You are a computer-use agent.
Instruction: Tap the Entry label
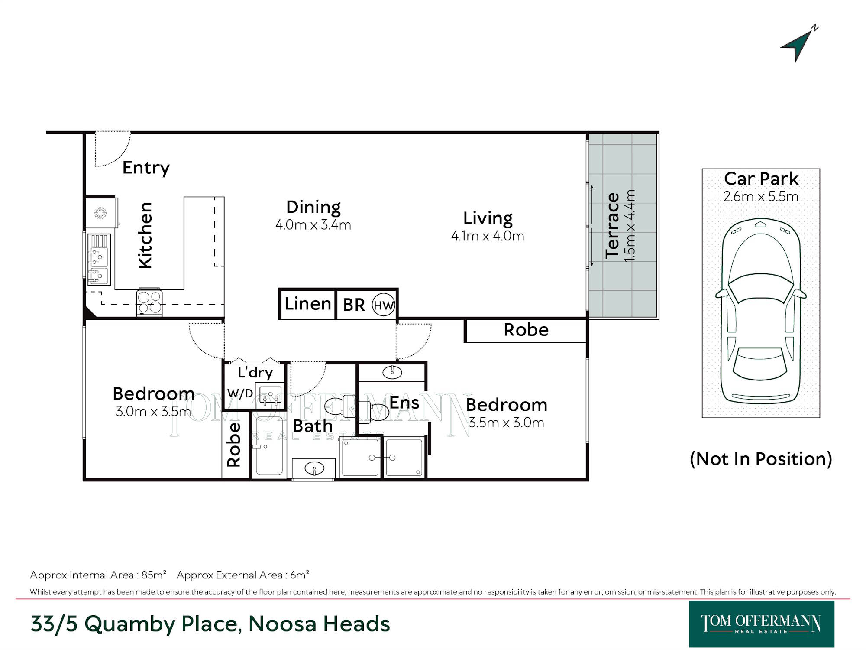146,168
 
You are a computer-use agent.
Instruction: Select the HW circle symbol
383,305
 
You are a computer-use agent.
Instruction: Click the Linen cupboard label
308,304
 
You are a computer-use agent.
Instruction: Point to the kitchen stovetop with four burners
149,302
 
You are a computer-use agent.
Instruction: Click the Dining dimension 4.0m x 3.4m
313,225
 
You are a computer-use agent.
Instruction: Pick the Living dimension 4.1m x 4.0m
488,236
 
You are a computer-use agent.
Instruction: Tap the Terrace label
612,226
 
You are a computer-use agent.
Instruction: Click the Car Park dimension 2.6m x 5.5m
761,196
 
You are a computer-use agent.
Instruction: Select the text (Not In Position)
761,458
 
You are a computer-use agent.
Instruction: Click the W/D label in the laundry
240,393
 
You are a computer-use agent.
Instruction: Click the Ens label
404,403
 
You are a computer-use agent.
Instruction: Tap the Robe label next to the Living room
526,330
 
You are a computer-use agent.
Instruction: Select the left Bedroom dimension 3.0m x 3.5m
153,411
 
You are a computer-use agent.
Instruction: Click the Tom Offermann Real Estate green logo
761,624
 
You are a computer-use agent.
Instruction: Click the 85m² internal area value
154,575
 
